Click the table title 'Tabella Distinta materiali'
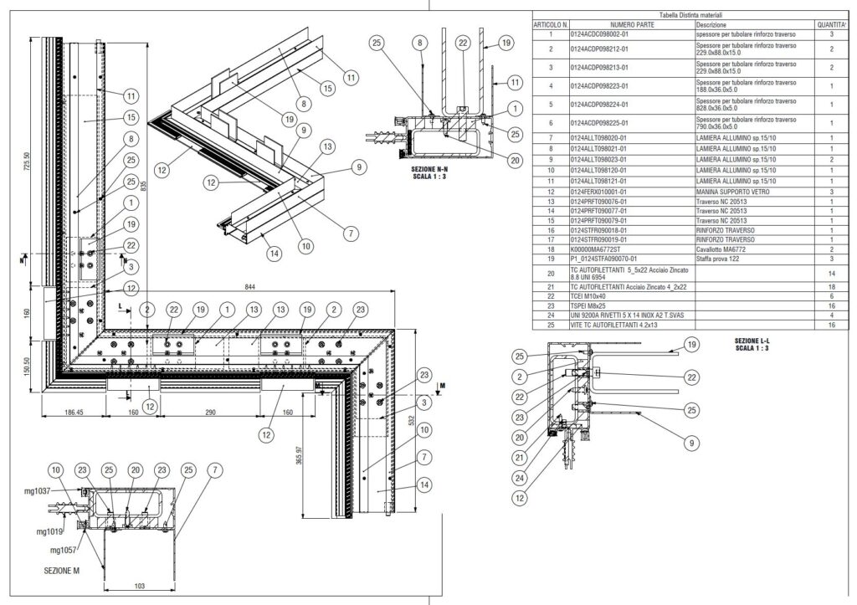[690, 15]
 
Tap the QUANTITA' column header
[831, 25]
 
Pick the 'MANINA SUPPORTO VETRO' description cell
[726, 191]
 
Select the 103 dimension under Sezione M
[139, 586]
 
